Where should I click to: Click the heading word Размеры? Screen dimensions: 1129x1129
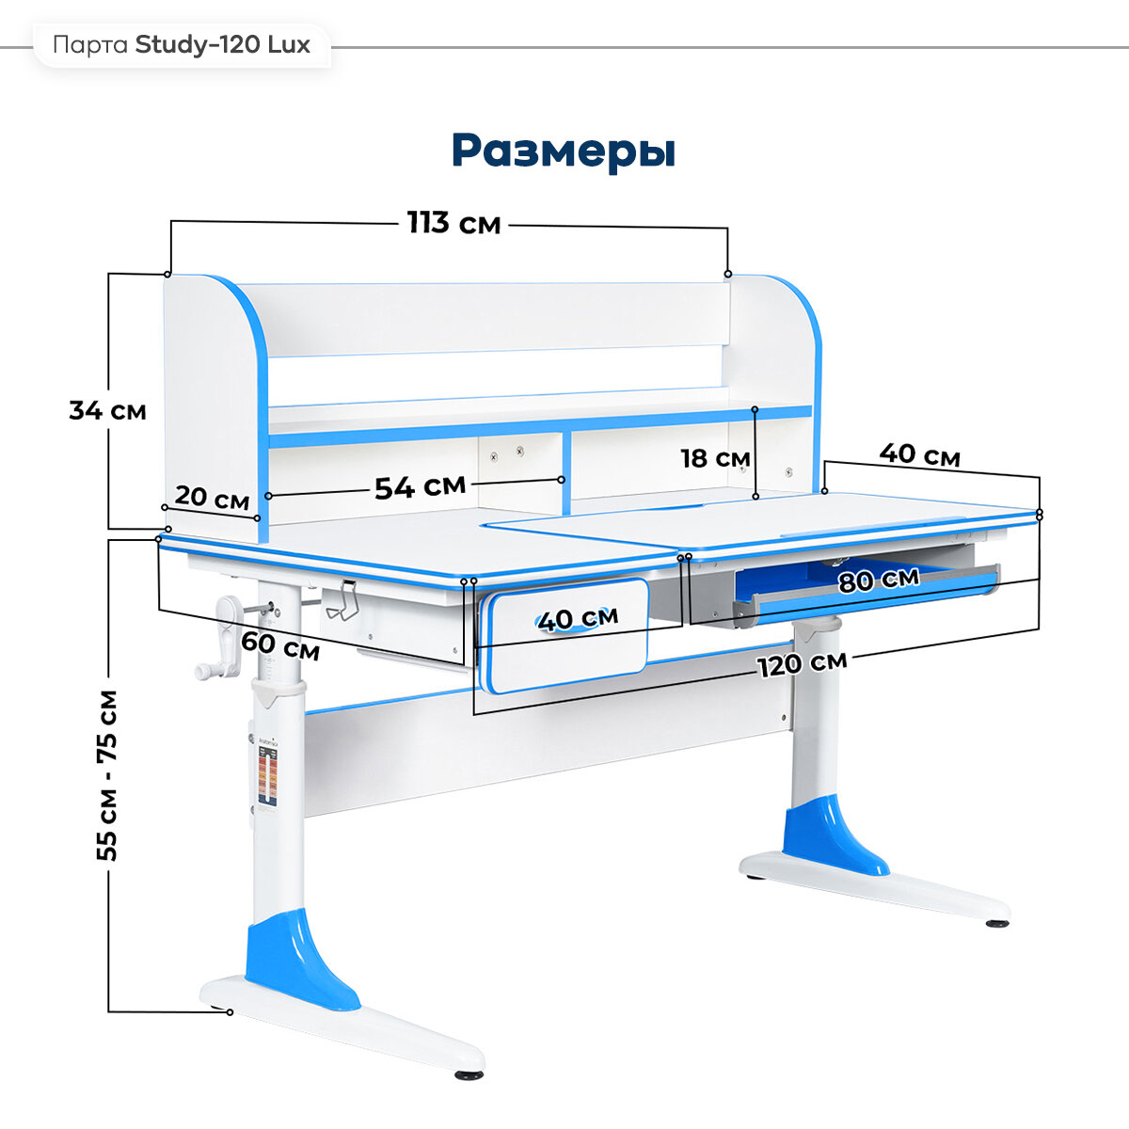point(563,151)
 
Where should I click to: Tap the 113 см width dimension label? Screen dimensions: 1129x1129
point(453,224)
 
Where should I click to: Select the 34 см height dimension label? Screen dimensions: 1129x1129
point(107,410)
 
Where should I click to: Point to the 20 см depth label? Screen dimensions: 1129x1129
point(212,498)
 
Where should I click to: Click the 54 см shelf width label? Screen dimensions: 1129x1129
point(420,486)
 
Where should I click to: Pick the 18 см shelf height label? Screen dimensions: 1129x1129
point(714,458)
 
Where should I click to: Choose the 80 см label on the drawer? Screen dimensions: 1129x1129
point(879,580)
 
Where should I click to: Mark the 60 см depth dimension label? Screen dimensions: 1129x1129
point(280,646)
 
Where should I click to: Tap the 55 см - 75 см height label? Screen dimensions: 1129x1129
point(108,774)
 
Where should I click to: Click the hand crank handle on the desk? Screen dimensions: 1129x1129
point(225,640)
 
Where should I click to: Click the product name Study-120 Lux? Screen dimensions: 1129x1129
point(223,44)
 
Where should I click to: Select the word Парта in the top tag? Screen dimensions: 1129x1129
point(90,44)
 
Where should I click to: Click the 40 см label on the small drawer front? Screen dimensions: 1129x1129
point(578,618)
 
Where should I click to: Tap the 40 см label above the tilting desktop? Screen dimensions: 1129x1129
point(919,454)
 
